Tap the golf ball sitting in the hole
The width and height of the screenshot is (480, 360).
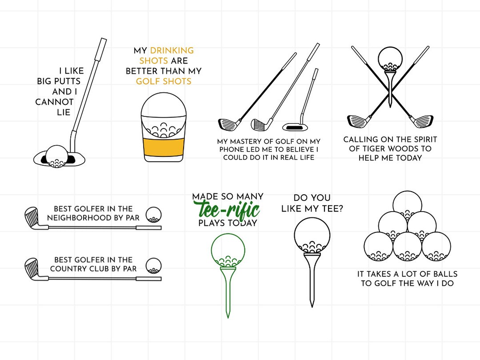56,156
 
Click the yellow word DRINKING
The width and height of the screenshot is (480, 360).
172,51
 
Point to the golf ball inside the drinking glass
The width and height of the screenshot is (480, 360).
163,118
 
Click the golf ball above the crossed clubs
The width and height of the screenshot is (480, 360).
390,60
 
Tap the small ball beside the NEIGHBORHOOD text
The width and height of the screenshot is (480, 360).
154,214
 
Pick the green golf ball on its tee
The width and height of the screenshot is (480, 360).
228,251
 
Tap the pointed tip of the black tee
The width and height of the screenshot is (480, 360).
312,304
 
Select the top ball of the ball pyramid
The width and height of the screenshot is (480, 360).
408,204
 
